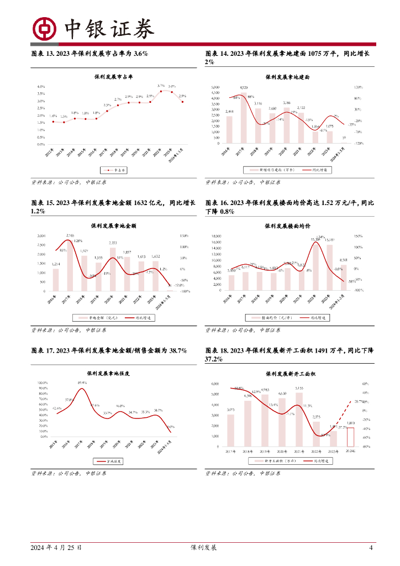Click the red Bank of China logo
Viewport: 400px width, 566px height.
coord(45,29)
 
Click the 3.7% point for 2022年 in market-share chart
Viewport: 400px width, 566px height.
coord(161,92)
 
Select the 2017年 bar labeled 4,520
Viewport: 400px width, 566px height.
coord(244,118)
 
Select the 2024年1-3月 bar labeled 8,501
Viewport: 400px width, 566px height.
coord(344,276)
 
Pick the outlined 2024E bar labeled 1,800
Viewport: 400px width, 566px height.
coord(350,437)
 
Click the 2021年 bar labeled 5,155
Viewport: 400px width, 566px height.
coord(299,419)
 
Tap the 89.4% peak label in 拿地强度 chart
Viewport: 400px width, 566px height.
coord(82,383)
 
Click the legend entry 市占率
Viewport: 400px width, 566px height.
coord(114,170)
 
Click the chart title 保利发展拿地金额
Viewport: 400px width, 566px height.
coord(113,226)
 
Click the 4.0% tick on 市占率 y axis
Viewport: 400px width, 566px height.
coord(41,87)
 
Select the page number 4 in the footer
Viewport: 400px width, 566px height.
coord(371,548)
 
